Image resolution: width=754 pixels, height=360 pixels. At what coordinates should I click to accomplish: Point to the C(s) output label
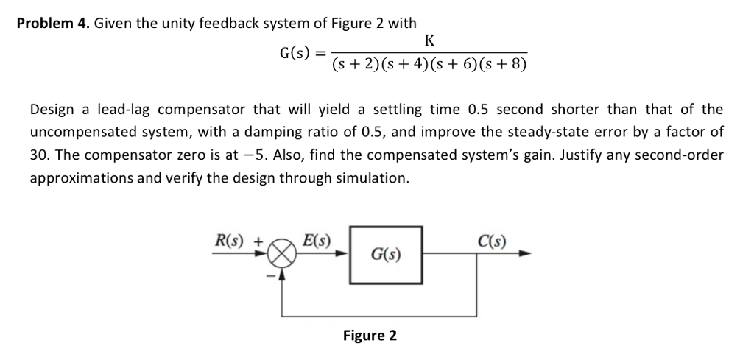[490, 241]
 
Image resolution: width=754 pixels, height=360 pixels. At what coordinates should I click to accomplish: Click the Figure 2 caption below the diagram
[370, 336]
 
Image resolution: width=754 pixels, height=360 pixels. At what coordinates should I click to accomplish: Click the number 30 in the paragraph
[38, 155]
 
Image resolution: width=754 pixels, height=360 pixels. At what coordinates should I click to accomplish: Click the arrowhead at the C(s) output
[524, 255]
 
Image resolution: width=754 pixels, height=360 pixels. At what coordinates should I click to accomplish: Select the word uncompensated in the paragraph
[76, 133]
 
